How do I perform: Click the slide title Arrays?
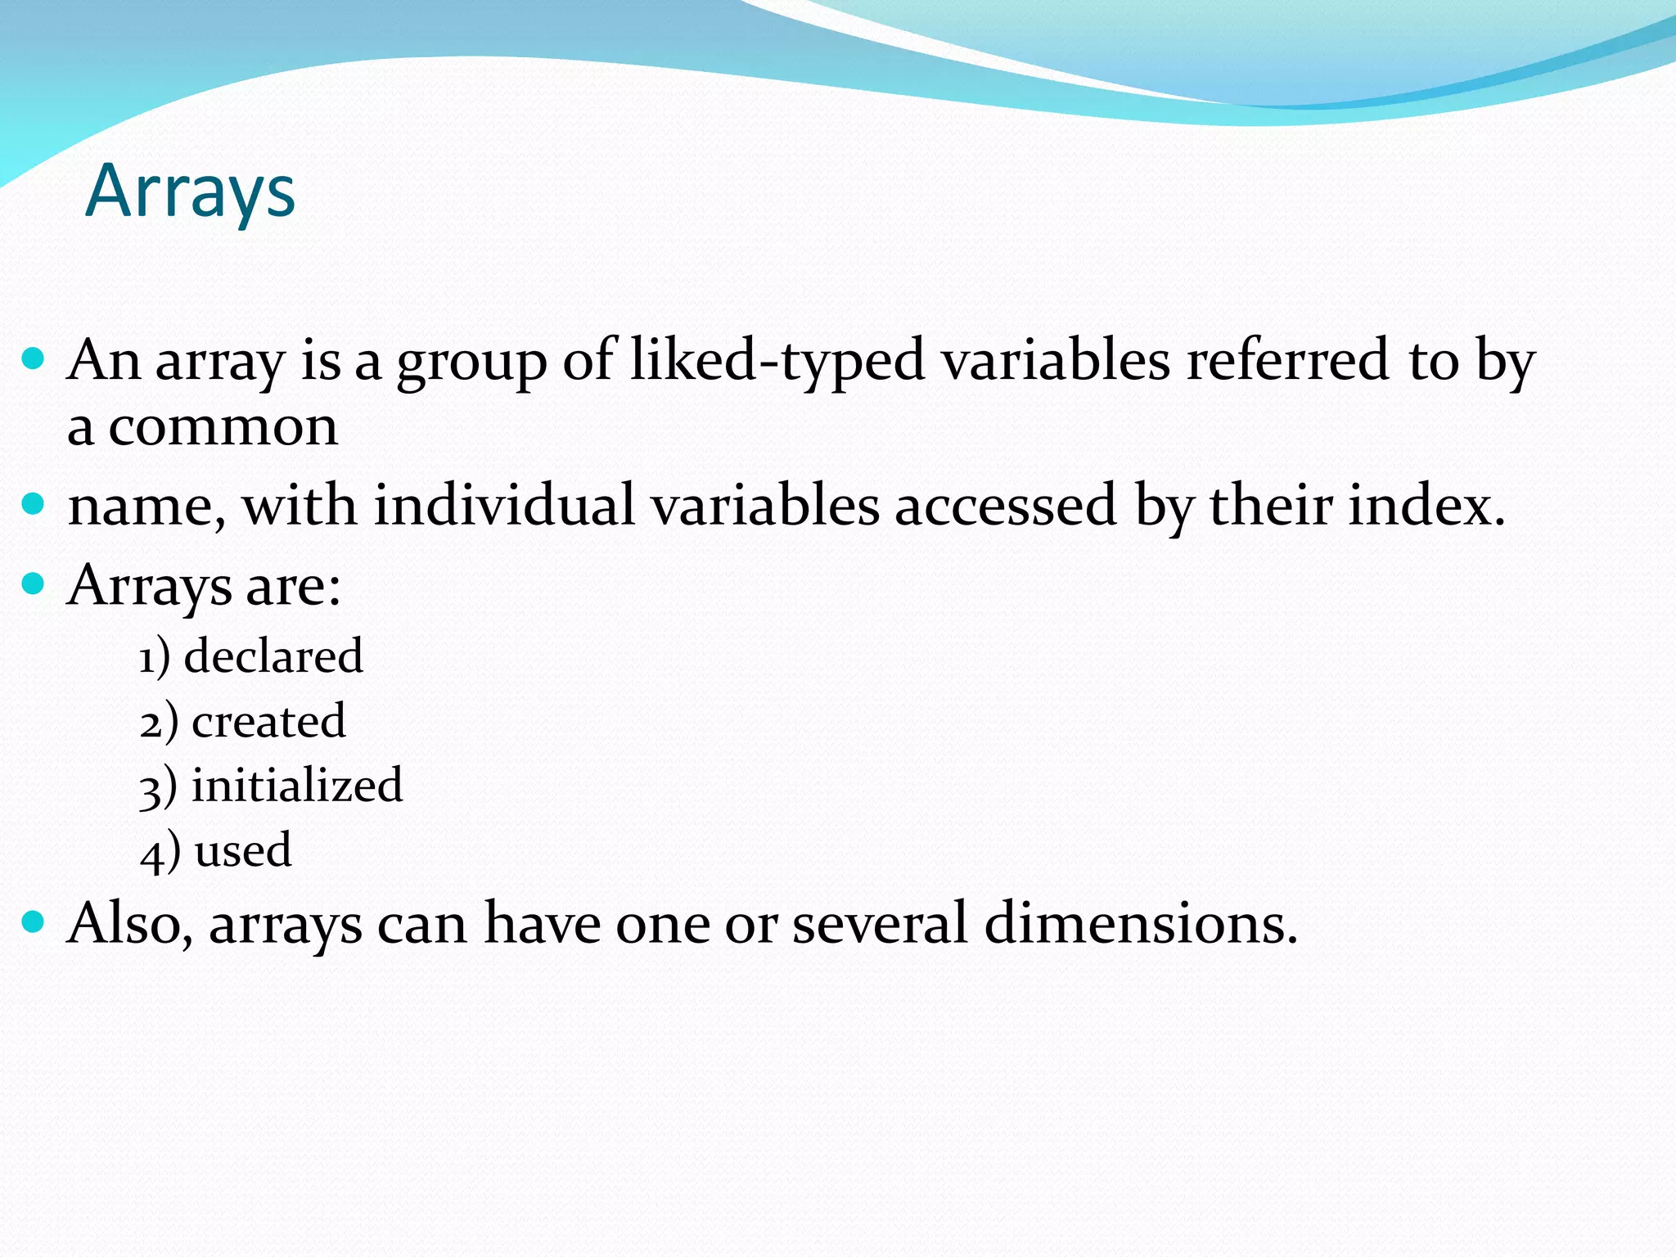[190, 191]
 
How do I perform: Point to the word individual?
[504, 505]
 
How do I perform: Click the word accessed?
[1006, 505]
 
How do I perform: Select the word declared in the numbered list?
[273, 656]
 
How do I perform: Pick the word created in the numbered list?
[268, 722]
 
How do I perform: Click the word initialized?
[297, 786]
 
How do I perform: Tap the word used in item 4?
[243, 850]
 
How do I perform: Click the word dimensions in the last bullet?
[1140, 924]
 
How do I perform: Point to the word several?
[880, 924]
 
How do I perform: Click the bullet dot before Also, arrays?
[33, 922]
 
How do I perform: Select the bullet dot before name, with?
[33, 503]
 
